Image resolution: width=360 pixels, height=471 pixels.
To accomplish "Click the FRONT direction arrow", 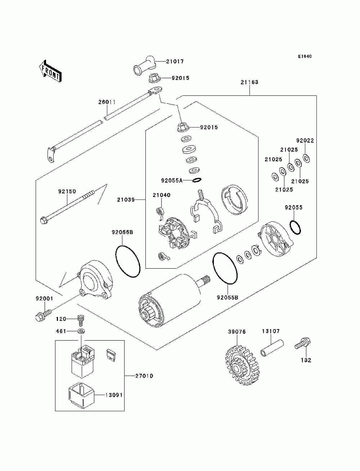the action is point(50,71).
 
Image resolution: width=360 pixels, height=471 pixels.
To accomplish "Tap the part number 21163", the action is point(249,82).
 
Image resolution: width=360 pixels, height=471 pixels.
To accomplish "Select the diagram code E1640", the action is point(305,57).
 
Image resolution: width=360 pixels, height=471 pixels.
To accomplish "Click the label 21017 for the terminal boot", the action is point(175,62).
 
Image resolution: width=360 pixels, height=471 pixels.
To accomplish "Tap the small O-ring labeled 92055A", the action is point(197,180).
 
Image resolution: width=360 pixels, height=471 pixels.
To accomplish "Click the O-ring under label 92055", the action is point(295,227).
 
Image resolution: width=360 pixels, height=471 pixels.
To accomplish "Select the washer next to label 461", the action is point(81,331).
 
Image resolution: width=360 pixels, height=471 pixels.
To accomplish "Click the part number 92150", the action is point(67,191).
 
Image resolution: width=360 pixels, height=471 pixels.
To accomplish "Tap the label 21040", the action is point(162,195).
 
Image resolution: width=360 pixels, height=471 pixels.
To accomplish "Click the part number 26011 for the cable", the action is point(107,102).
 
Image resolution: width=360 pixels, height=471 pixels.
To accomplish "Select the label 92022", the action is point(305,140).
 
